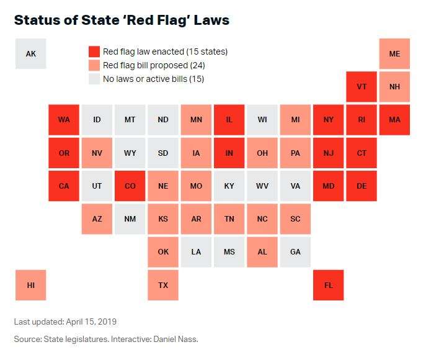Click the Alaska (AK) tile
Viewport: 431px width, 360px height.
[31, 53]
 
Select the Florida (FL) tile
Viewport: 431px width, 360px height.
[328, 285]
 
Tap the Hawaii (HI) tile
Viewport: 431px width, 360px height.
[31, 285]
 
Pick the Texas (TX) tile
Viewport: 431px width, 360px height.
[163, 285]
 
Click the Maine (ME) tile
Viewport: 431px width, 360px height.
[394, 53]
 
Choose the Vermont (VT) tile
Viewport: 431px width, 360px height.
[362, 86]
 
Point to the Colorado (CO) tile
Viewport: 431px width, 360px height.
[130, 186]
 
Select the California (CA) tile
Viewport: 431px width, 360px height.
[64, 186]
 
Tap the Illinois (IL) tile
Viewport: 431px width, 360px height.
[229, 119]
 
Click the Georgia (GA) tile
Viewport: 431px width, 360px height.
[295, 251]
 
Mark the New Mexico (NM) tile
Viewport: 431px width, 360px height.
[130, 218]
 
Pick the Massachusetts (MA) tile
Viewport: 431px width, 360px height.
[394, 119]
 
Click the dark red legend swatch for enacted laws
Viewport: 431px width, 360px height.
[94, 52]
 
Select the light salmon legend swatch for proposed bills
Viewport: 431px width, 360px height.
[94, 65]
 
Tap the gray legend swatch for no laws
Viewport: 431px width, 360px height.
[94, 79]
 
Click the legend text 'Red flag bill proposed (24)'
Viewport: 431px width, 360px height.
[154, 65]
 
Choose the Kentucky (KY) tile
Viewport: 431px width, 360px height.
[229, 186]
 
